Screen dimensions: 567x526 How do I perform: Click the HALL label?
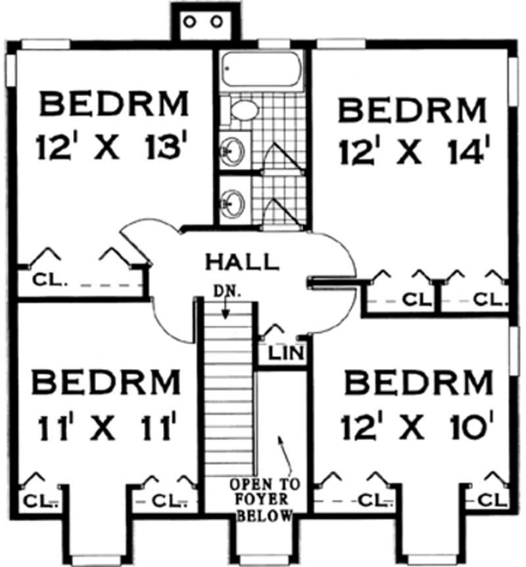point(241,261)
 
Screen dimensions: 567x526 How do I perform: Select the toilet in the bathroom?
point(241,110)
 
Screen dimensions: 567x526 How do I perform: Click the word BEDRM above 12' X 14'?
point(413,110)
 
